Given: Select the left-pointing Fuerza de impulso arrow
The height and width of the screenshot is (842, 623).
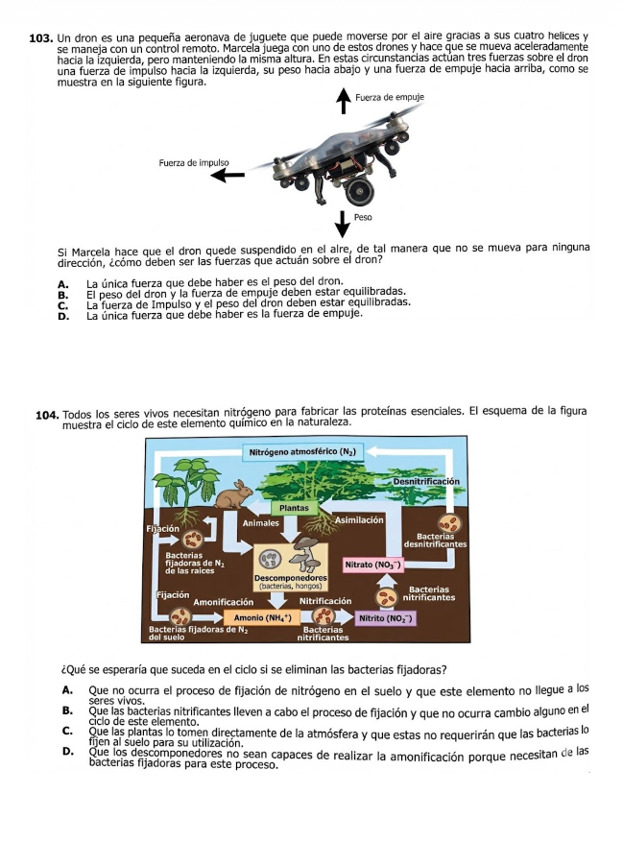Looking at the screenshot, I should point(228,175).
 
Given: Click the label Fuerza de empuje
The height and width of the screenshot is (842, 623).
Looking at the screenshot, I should point(390,98).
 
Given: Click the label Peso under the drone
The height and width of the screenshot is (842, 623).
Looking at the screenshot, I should point(363,218).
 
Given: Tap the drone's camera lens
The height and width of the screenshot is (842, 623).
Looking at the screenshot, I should point(363,190).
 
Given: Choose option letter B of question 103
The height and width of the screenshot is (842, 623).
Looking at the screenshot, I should point(62,293).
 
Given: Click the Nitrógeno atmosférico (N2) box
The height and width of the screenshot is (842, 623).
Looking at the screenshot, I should point(302,450).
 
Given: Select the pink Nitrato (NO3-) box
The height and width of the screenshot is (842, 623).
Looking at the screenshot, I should point(372,565).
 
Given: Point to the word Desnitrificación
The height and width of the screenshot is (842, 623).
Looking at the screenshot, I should point(425,481).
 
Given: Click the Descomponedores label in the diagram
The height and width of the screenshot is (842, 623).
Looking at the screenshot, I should point(288,578).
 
